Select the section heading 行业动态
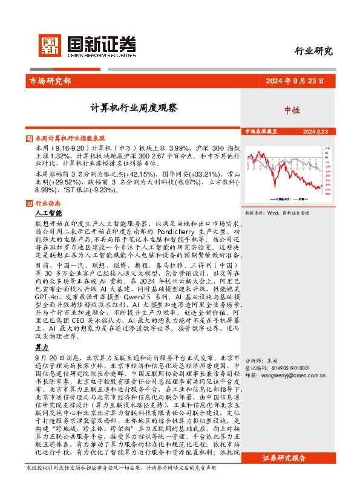48,203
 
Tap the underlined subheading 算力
42,349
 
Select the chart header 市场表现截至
261,131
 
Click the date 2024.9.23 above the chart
315,131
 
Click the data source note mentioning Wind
277,213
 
